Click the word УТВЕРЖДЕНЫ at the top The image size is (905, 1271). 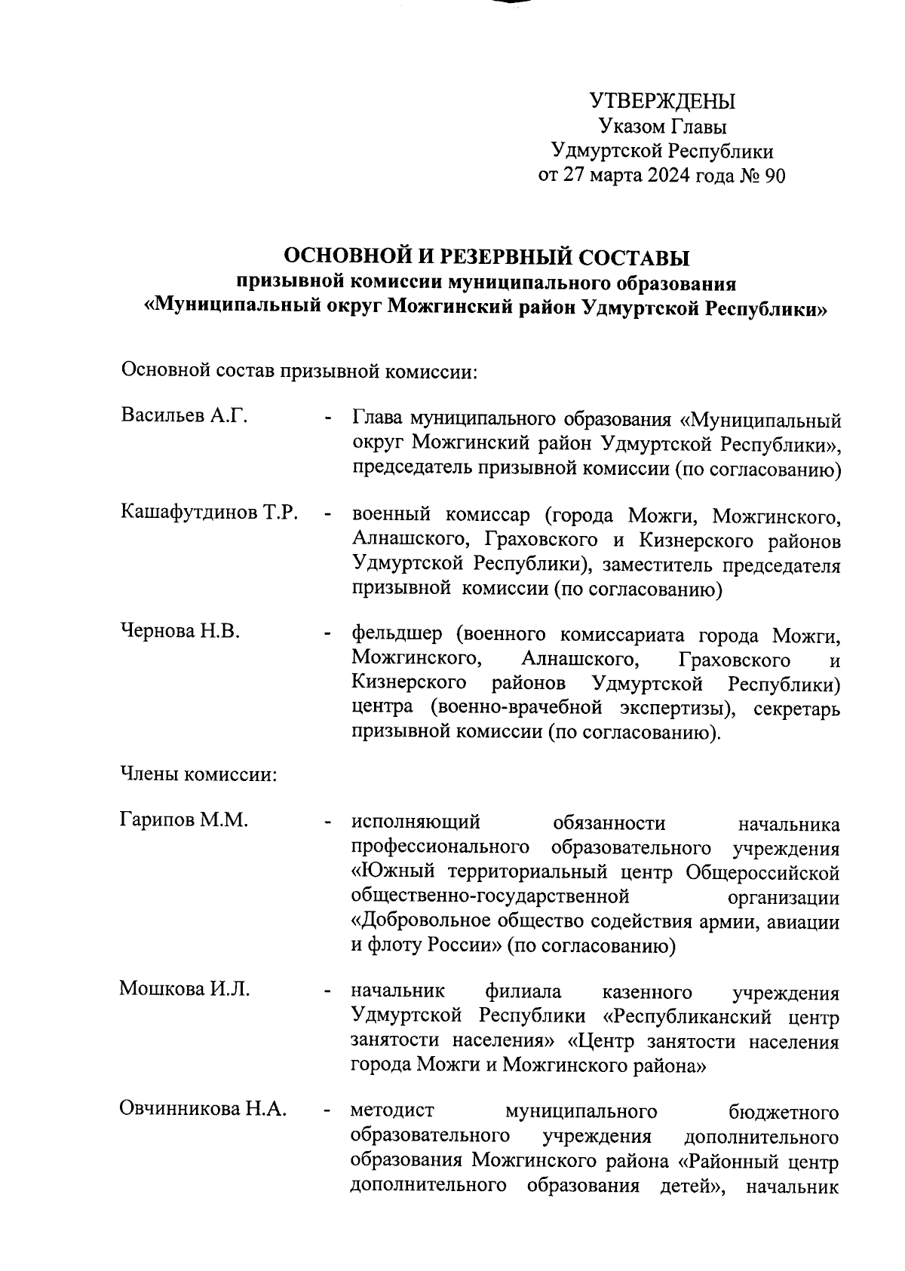pyautogui.click(x=661, y=101)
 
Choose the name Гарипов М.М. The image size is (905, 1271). pyautogui.click(x=183, y=819)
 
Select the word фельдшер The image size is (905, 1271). pyautogui.click(x=397, y=635)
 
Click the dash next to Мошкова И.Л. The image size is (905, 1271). pyautogui.click(x=327, y=992)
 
